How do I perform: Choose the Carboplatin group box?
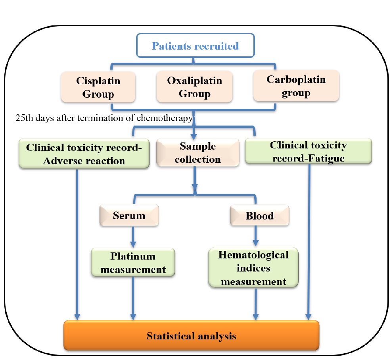[296, 87]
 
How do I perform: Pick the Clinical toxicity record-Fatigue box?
[308, 151]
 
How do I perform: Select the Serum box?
[129, 216]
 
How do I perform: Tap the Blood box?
[260, 216]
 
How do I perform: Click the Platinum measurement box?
[133, 262]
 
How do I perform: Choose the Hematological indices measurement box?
[253, 268]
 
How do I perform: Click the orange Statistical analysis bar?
[191, 336]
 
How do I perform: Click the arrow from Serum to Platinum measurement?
[133, 237]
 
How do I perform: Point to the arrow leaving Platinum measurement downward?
[133, 298]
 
